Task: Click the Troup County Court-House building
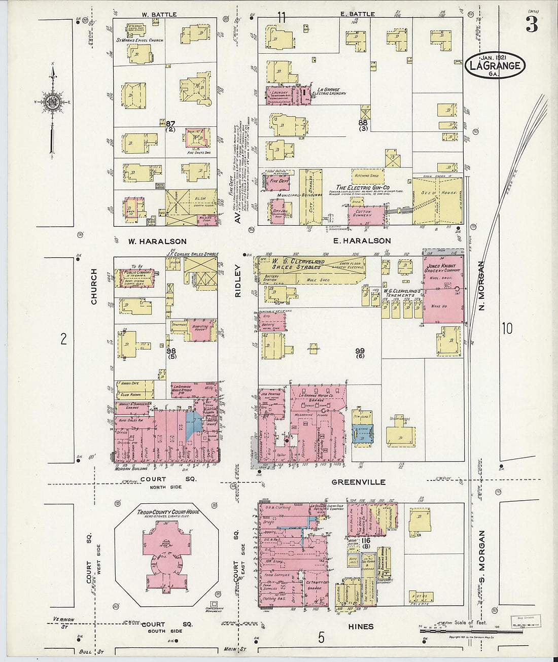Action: coord(165,550)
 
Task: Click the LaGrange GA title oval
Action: coord(495,65)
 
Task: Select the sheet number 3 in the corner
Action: coord(532,25)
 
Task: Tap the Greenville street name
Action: coord(358,482)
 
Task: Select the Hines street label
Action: coord(361,626)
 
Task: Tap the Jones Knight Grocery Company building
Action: coord(443,289)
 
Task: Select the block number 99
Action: coord(360,351)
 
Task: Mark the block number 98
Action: coord(171,351)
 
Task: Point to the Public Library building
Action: coord(134,277)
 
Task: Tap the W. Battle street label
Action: coord(159,15)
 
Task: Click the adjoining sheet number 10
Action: coord(507,329)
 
